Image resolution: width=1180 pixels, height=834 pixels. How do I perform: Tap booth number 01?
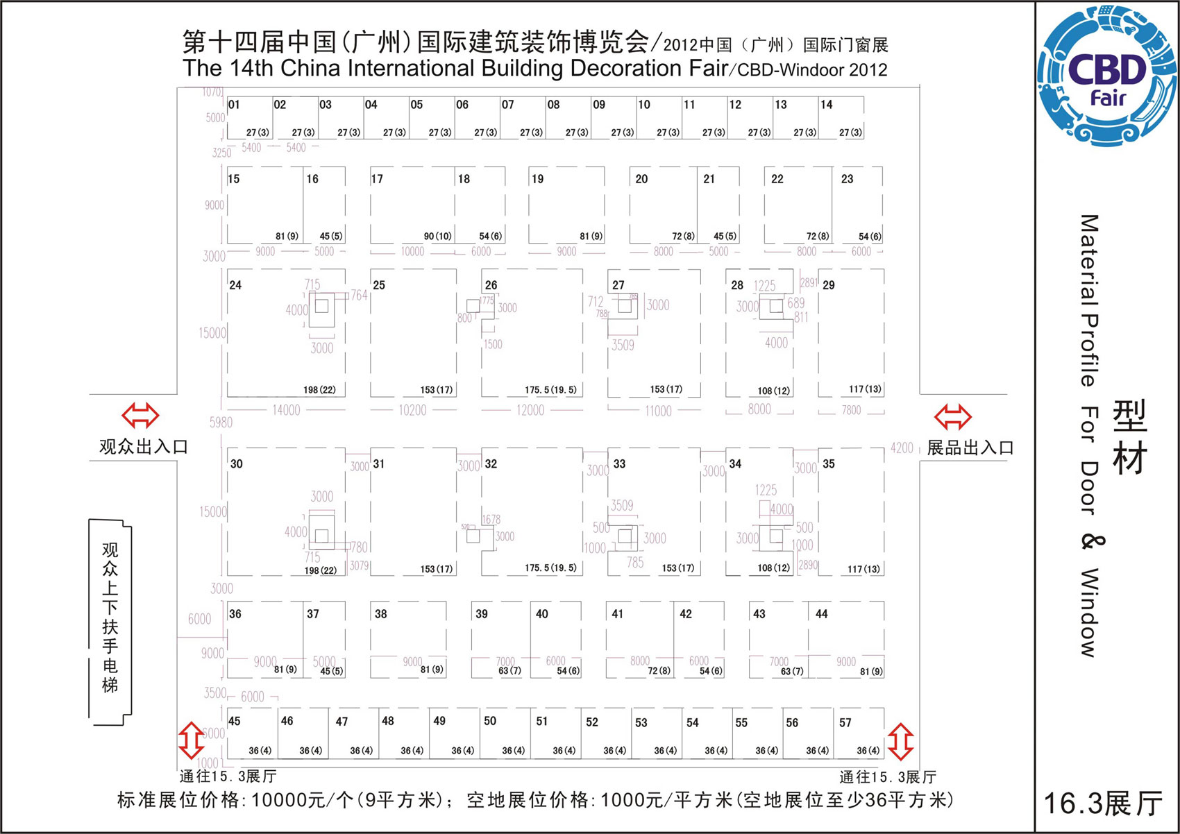click(234, 105)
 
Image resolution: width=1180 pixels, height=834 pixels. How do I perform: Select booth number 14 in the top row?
click(826, 105)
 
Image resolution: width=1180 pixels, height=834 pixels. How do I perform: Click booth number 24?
click(235, 285)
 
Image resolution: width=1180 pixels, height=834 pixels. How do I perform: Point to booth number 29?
click(829, 285)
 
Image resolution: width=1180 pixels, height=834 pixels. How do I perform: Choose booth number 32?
click(491, 463)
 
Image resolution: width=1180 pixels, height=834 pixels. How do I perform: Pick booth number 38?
click(380, 614)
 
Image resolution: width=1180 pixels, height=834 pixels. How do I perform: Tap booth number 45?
click(235, 722)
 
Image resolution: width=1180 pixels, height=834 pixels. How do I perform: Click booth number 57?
click(845, 723)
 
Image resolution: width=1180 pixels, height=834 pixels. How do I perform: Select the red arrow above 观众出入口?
click(140, 416)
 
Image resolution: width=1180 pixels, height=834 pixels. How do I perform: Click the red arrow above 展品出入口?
click(952, 417)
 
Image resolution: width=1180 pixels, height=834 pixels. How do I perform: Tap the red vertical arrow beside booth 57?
click(900, 741)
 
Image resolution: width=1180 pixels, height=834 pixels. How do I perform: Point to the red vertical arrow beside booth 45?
click(191, 740)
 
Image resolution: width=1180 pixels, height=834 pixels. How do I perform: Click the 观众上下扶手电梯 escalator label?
click(110, 618)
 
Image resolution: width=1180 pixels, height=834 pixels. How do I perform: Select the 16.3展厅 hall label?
click(1103, 803)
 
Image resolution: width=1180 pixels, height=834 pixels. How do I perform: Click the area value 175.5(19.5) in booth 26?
click(550, 390)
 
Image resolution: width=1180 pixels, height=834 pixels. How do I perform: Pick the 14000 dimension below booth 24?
click(286, 410)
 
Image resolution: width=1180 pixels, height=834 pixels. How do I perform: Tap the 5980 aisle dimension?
click(221, 422)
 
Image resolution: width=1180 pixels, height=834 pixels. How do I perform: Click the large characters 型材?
click(1129, 437)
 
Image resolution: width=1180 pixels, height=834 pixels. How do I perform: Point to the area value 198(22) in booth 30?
click(320, 570)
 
